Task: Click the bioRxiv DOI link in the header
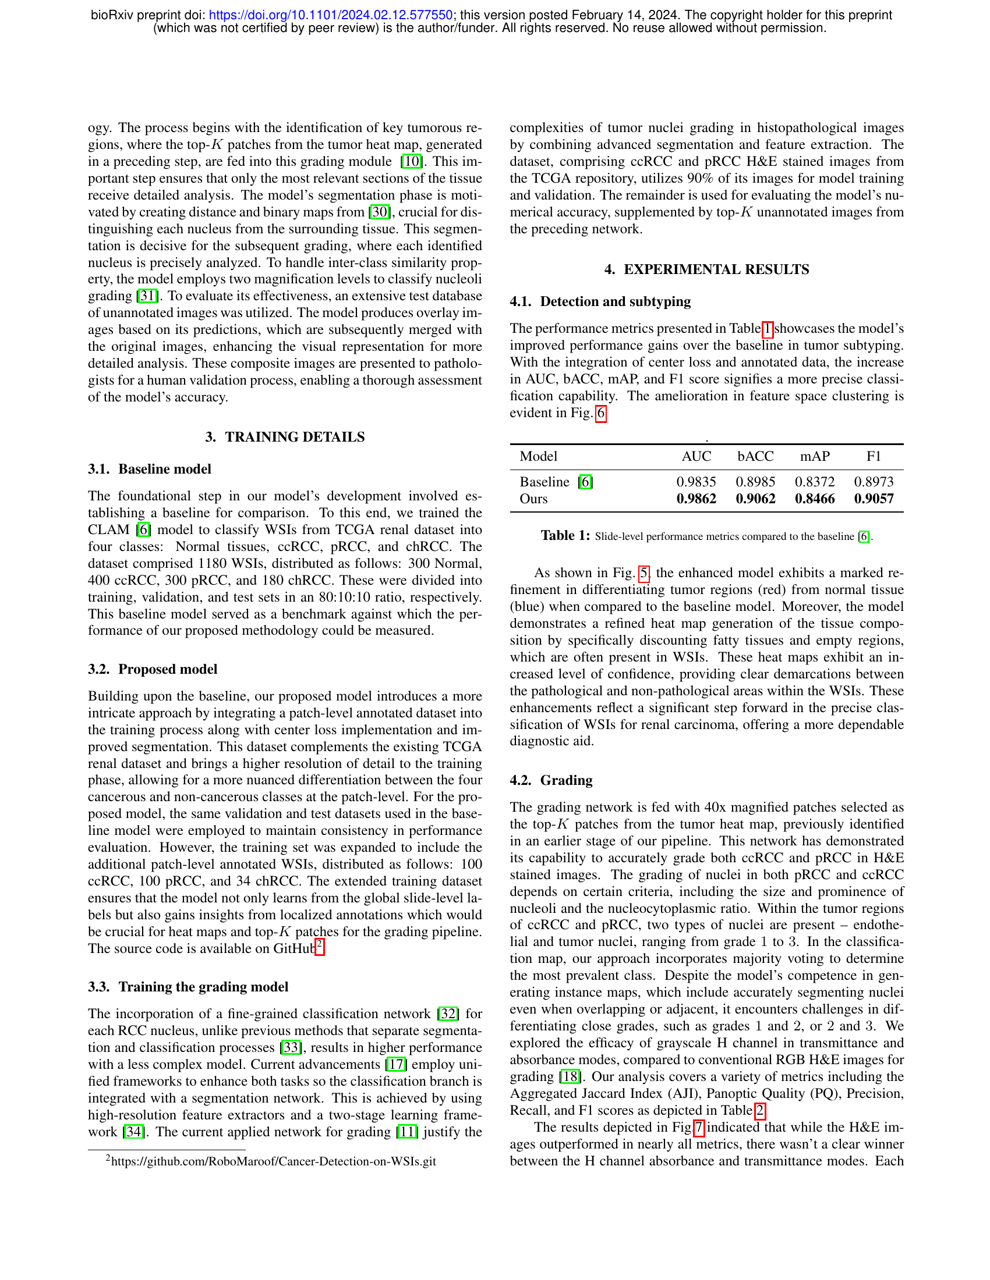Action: [x=330, y=15]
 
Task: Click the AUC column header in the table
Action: [x=696, y=457]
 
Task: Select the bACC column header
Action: [x=755, y=457]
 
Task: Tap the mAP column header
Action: [x=815, y=457]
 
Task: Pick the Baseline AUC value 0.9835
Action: [x=696, y=482]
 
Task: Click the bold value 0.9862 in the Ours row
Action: [x=696, y=499]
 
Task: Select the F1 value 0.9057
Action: [x=874, y=499]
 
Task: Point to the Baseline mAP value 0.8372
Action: [x=815, y=482]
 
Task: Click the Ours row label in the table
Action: [x=533, y=499]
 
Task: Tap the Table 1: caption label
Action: [x=565, y=536]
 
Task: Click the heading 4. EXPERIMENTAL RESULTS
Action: [x=706, y=269]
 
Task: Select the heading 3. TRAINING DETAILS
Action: [x=284, y=437]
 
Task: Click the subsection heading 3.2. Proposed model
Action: [x=153, y=669]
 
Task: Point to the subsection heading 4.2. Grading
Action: [x=551, y=780]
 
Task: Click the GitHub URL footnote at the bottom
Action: [x=273, y=1161]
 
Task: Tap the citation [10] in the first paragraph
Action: [x=411, y=162]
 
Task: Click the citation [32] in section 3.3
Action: [x=448, y=1014]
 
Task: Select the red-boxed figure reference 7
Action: [x=698, y=1128]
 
